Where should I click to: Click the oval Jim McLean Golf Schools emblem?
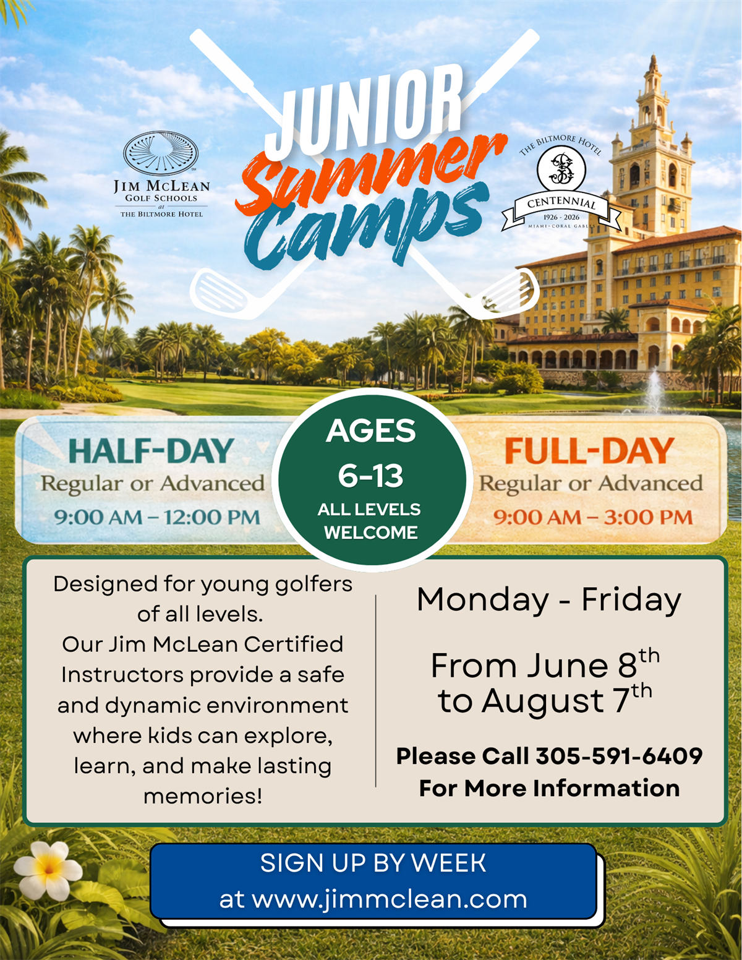coord(161,152)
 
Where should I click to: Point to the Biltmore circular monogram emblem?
coord(561,169)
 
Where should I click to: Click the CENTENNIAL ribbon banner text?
coord(561,204)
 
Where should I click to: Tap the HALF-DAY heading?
coord(151,451)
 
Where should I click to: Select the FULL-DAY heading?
coord(590,451)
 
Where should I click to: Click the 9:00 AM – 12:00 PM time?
coord(157,517)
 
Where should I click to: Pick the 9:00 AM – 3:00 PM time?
coord(593,517)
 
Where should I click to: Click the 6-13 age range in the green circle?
coord(371,476)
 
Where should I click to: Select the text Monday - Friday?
coord(549,600)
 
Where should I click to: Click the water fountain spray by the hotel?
coord(654,391)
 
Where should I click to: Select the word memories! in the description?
coord(203,796)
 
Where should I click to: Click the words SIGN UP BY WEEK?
coord(373,863)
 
